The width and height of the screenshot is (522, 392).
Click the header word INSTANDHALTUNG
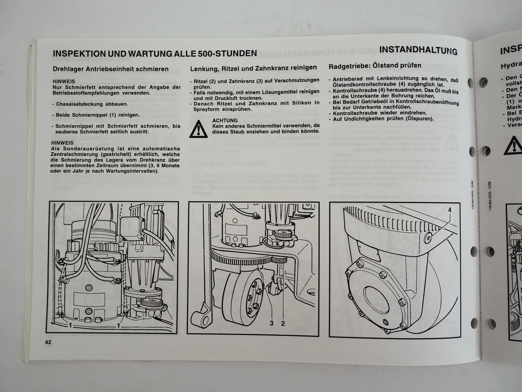[x=418, y=50]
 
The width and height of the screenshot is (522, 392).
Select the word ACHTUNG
[x=225, y=120]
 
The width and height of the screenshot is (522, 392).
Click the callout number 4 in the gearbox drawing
[x=449, y=210]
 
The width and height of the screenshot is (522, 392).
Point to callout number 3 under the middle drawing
[x=271, y=323]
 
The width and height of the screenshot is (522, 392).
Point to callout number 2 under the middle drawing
[x=283, y=323]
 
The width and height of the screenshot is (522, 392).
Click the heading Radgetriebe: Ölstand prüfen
[x=375, y=65]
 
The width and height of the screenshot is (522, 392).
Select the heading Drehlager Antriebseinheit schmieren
[x=111, y=69]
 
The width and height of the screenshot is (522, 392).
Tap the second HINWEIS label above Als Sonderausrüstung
[x=62, y=143]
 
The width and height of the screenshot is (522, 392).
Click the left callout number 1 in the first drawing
[x=71, y=325]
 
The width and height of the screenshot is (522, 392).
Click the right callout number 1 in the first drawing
[x=118, y=325]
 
